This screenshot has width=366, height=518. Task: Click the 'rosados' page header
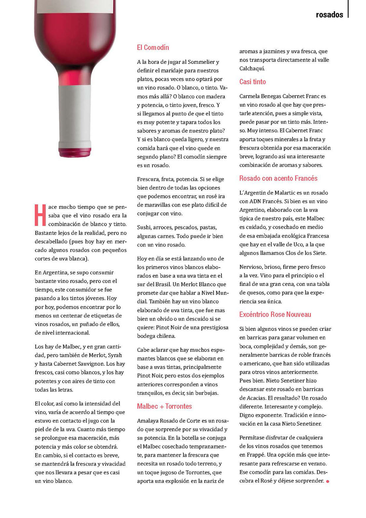point(329,15)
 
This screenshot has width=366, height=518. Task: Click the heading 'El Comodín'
point(153,47)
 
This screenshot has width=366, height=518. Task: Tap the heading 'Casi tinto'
point(253,82)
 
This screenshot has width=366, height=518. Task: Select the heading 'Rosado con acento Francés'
point(278,178)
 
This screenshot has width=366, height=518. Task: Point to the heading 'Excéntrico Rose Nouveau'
point(275,314)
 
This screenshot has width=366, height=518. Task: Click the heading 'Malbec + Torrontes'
point(164,406)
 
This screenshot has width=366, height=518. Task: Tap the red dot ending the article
point(328,481)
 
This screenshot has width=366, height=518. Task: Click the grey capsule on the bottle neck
point(75,116)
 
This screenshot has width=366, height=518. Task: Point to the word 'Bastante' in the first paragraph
point(45,233)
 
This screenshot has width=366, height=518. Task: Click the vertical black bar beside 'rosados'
point(348,9)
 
